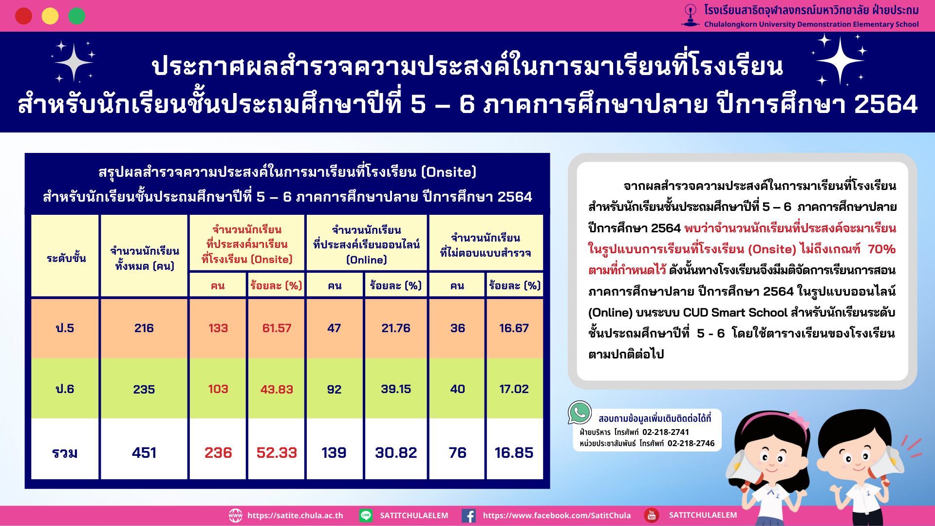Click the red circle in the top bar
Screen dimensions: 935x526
23,16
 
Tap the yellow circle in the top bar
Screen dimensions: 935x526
50,16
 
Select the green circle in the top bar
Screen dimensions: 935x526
76,16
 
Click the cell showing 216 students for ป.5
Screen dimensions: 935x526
144,328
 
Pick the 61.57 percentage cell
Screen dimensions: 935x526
277,328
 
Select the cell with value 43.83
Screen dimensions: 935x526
277,389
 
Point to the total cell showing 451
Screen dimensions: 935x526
144,452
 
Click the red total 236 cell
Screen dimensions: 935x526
218,452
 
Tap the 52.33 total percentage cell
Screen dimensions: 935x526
277,452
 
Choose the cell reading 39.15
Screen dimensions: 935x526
396,389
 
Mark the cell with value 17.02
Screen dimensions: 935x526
514,389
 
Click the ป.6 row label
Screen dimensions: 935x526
65,389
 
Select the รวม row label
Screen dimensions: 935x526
65,452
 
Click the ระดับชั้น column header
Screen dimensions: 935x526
66,258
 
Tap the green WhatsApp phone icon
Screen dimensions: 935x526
580,413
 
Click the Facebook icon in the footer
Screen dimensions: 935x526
468,516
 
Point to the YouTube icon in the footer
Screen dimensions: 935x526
652,515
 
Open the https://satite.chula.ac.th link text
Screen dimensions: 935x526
295,515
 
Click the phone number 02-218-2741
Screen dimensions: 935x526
665,432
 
